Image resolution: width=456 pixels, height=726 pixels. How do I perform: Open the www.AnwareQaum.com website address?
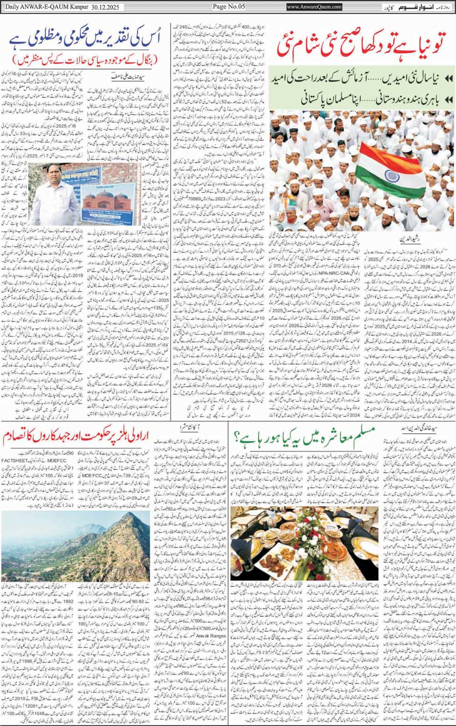(x=315, y=7)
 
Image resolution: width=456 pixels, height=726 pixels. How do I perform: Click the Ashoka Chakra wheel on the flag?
(x=392, y=175)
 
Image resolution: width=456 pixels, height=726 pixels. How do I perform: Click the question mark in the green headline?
(x=238, y=439)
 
